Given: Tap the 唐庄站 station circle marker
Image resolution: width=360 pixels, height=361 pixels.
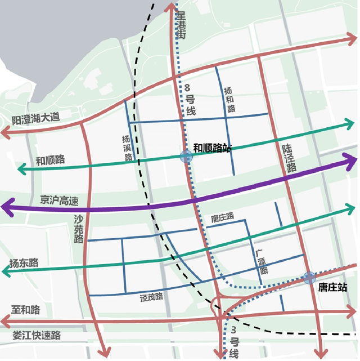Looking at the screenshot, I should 309,277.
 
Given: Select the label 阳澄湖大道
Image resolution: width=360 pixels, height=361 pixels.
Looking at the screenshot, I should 35,119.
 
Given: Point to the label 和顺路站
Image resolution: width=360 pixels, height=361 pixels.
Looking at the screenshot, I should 212,148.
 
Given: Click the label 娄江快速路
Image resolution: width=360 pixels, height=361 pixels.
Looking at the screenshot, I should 37,336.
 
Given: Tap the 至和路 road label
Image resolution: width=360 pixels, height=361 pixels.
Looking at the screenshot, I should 25,310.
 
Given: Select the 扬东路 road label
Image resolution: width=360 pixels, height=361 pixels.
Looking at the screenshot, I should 24,262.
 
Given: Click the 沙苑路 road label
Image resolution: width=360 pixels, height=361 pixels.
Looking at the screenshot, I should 78,228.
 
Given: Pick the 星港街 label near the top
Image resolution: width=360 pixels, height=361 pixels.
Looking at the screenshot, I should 181,24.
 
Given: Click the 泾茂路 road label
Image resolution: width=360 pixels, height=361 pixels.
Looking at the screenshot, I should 151,297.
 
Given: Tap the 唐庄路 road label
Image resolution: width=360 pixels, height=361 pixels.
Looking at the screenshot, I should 222,217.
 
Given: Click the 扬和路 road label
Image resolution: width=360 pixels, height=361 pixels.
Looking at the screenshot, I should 228,99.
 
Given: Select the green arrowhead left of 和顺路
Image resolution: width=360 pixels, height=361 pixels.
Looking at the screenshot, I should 21,168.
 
